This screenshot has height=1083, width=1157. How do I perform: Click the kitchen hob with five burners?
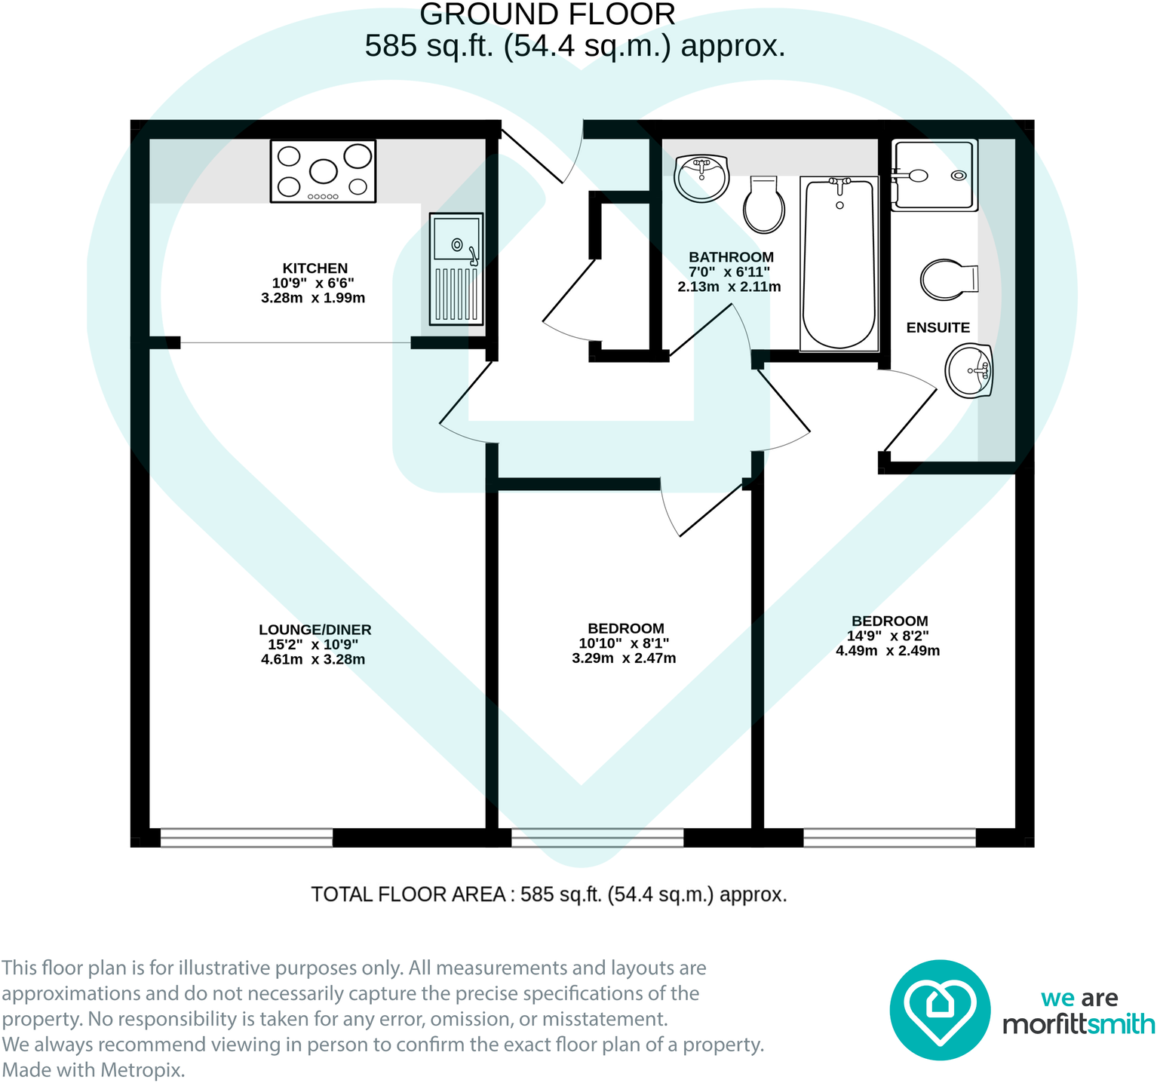(x=323, y=171)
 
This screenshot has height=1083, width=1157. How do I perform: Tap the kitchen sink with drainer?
(x=456, y=269)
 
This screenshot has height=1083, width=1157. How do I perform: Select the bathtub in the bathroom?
(x=839, y=263)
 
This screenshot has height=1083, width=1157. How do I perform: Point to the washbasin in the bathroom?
(x=701, y=178)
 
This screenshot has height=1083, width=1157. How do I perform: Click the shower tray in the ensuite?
(x=934, y=175)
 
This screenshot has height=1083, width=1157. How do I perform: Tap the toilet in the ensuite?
(x=949, y=279)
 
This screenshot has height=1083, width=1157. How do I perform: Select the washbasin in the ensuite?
(x=970, y=370)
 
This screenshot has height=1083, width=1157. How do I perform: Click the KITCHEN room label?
(x=315, y=268)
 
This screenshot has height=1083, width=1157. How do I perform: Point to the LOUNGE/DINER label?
(x=315, y=630)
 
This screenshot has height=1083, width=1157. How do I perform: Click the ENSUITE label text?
(x=938, y=327)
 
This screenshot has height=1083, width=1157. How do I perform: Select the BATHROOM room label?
(x=731, y=257)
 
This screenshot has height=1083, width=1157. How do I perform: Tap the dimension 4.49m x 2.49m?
(x=887, y=651)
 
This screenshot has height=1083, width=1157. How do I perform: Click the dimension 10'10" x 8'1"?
(x=623, y=643)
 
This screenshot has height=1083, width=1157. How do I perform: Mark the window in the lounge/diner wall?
(x=246, y=837)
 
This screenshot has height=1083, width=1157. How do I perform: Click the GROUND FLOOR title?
(x=547, y=14)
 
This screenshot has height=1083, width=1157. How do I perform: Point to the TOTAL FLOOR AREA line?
(x=548, y=894)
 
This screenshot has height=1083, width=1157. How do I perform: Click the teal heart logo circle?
(x=939, y=1009)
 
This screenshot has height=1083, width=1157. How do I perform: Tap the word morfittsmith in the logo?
(x=1078, y=1024)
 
